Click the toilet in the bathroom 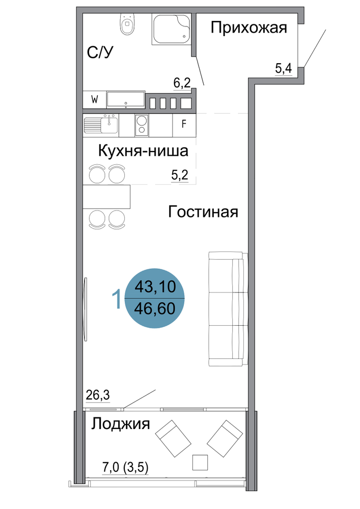click(127, 24)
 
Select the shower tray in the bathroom click(171, 29)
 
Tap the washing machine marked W click(95, 100)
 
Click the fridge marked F click(184, 125)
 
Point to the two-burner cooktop click(142, 125)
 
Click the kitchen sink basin click(109, 125)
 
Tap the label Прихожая click(249, 29)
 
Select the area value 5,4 click(284, 69)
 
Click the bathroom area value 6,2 click(182, 83)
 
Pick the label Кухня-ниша click(143, 151)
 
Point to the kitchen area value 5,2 click(180, 176)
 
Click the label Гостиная click(203, 212)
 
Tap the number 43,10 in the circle click(155, 287)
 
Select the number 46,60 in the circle click(155, 308)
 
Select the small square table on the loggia click(200, 462)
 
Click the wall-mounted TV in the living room click(86, 309)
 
